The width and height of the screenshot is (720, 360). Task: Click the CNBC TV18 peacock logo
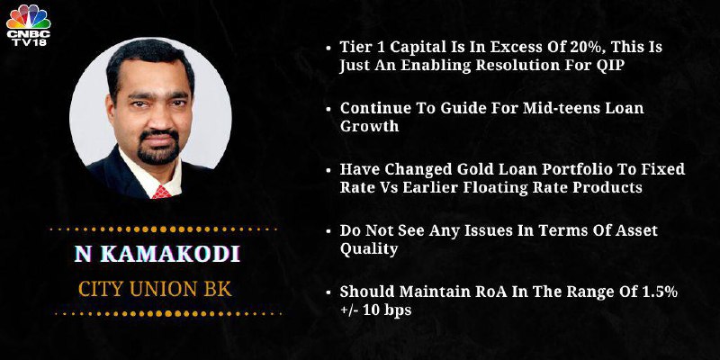(x=29, y=25)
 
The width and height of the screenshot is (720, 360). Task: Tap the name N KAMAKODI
(x=157, y=255)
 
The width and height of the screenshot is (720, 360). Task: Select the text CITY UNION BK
(x=155, y=289)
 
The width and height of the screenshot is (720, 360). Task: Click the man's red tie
(x=162, y=192)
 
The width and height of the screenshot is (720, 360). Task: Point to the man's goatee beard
(x=158, y=147)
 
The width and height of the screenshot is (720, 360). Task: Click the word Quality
(x=369, y=249)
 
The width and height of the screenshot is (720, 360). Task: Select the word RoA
(x=496, y=292)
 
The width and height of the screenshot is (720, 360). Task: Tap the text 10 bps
(x=387, y=310)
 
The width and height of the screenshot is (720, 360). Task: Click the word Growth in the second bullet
(x=369, y=127)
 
